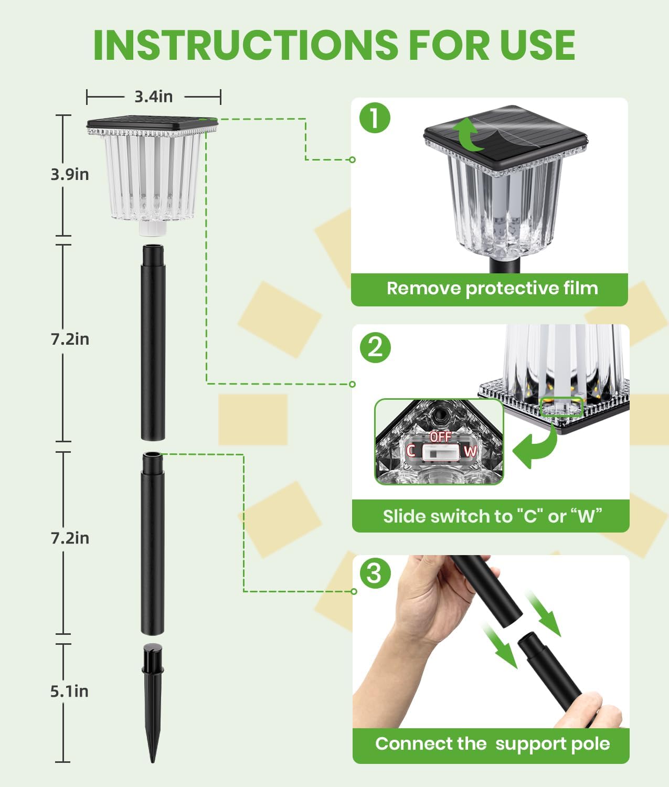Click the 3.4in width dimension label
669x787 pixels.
coord(153,97)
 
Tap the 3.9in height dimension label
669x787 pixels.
coord(70,174)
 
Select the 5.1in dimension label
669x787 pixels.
coord(69,691)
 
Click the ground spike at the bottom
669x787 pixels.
coord(153,703)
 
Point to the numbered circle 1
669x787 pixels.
coord(375,118)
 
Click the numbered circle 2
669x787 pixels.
coord(375,347)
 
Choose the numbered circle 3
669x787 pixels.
coord(375,573)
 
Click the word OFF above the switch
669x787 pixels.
coord(441,437)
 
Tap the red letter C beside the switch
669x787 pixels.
coord(410,451)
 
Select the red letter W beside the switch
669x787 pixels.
coord(470,452)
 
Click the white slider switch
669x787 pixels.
coord(441,453)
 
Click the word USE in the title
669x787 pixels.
coord(538,45)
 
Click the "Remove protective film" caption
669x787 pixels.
coord(492,289)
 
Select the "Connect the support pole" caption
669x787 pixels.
coord(492,743)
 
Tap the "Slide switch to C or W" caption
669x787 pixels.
coord(492,516)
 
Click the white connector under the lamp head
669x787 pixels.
coord(153,228)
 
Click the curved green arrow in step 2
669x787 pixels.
coord(535,443)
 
